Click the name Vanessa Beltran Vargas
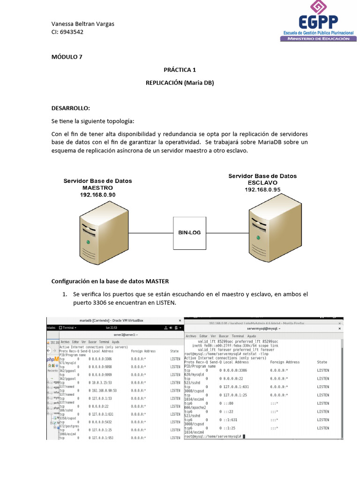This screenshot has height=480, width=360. click(82, 24)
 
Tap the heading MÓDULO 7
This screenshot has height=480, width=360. click(67, 57)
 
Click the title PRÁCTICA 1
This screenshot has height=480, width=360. click(180, 70)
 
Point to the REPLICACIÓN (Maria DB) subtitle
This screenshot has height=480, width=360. click(180, 82)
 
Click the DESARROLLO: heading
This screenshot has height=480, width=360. click(70, 108)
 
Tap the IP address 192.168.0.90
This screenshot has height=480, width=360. click(97, 195)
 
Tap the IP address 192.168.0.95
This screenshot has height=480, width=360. click(262, 189)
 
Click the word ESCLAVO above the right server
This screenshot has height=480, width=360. click(262, 183)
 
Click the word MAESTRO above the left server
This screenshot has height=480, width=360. click(97, 187)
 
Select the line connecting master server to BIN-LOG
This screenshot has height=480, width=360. click(145, 232)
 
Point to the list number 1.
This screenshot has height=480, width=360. click(65, 294)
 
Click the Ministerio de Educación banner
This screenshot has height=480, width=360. click(315, 39)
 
